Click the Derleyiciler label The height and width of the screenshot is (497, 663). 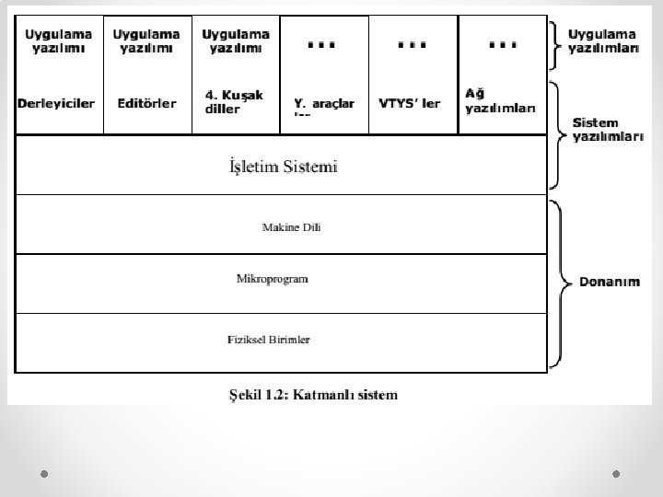(x=56, y=104)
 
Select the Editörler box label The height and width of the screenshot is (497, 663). (x=147, y=104)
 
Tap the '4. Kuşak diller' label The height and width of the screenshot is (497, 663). (x=233, y=101)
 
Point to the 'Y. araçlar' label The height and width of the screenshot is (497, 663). (x=323, y=104)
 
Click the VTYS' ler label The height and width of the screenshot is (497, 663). (x=410, y=103)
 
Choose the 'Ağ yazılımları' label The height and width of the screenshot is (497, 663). (x=500, y=101)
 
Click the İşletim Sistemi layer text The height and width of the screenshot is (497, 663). (x=283, y=168)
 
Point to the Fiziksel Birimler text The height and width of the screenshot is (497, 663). (x=269, y=340)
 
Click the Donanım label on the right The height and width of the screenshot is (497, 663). (x=609, y=283)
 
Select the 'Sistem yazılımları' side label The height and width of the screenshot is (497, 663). (x=609, y=130)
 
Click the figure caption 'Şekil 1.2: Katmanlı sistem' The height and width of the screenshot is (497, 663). (x=313, y=396)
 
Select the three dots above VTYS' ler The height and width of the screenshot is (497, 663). (x=412, y=42)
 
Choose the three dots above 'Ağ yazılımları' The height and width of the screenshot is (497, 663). (x=502, y=42)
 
